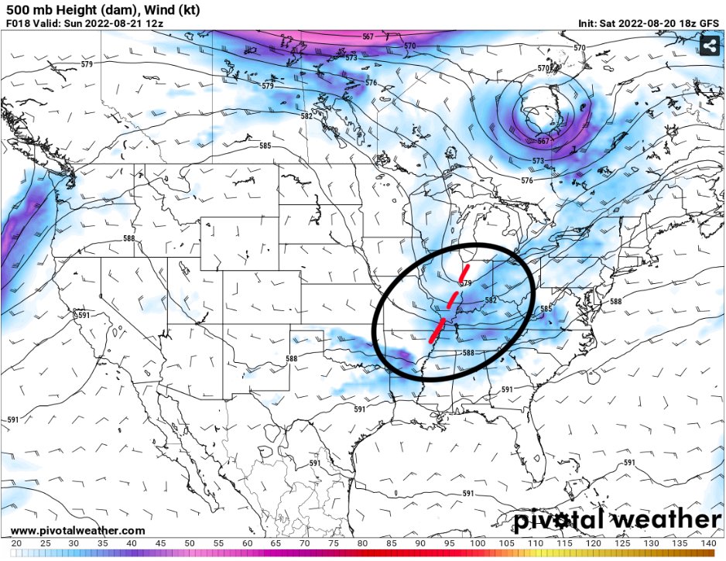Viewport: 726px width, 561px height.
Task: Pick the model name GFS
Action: [x=708, y=23]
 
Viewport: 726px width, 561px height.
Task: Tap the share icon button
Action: [x=708, y=47]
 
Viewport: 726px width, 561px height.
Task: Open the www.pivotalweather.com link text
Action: [x=78, y=531]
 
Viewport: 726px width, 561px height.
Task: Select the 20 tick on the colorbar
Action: [x=16, y=544]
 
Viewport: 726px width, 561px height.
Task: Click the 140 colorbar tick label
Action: [x=707, y=544]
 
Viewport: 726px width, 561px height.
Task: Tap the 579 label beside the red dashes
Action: [x=465, y=284]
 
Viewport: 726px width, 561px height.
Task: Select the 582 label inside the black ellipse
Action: [x=490, y=300]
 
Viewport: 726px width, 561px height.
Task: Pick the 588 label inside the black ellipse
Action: [x=467, y=353]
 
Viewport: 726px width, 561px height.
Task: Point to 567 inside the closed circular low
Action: [x=542, y=142]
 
